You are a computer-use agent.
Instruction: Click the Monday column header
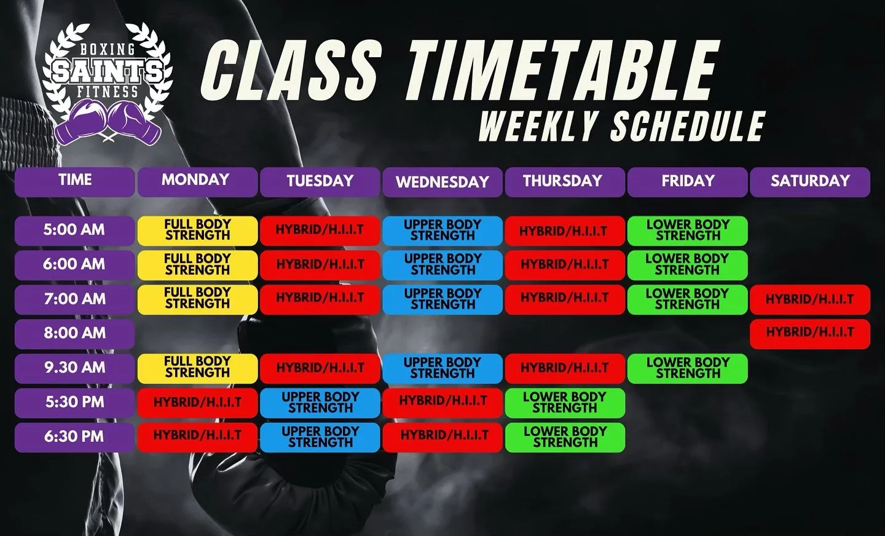tap(197, 181)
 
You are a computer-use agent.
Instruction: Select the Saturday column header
tap(809, 181)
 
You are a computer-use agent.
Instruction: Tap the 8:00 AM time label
tap(74, 333)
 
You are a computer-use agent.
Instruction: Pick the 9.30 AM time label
tap(74, 368)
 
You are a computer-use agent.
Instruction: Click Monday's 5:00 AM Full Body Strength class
tap(197, 230)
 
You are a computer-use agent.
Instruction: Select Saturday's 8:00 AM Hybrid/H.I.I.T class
tap(809, 333)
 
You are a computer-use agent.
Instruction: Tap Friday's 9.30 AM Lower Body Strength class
tap(687, 368)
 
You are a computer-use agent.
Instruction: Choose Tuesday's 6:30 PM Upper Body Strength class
tap(320, 436)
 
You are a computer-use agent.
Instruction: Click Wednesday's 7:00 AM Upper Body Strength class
tap(442, 299)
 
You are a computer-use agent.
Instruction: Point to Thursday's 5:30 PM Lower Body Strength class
tap(565, 402)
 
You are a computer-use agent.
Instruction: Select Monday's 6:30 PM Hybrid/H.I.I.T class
tap(197, 436)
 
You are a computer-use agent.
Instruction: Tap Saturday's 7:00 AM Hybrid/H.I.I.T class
tap(809, 299)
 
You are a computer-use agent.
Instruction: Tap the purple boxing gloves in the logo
tap(108, 122)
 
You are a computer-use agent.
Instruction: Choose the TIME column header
tap(74, 181)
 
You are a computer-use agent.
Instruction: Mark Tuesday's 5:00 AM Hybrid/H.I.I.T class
tap(320, 231)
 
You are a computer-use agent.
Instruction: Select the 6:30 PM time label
tap(74, 436)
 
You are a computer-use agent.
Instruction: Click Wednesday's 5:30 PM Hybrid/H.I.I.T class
tap(442, 402)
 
